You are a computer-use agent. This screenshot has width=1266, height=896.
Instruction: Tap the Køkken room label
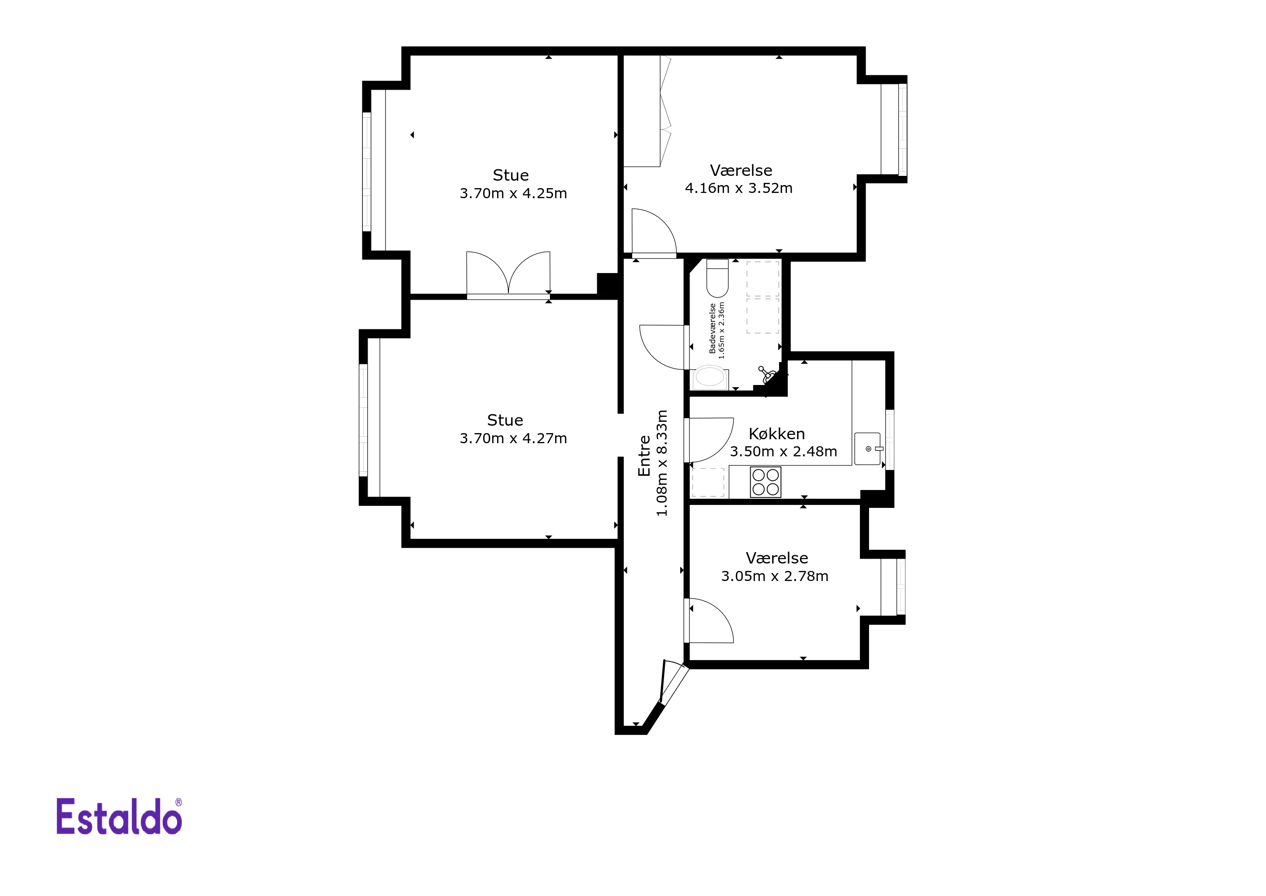[776, 434]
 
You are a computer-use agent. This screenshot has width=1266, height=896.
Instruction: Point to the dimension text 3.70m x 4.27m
[513, 439]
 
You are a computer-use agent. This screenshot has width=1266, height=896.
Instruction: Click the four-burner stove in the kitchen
[766, 482]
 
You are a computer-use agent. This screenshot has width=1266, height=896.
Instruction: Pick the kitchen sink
[869, 448]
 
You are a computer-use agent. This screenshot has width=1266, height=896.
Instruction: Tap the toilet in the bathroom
[717, 278]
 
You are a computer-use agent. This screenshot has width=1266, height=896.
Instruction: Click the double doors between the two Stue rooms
[508, 275]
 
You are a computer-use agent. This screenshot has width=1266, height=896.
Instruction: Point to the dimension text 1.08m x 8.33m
[662, 463]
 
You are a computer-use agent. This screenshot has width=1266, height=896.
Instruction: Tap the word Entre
[644, 456]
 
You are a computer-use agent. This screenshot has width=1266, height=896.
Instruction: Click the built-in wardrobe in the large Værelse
[647, 111]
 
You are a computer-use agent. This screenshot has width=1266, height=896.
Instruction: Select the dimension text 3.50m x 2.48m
[783, 452]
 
